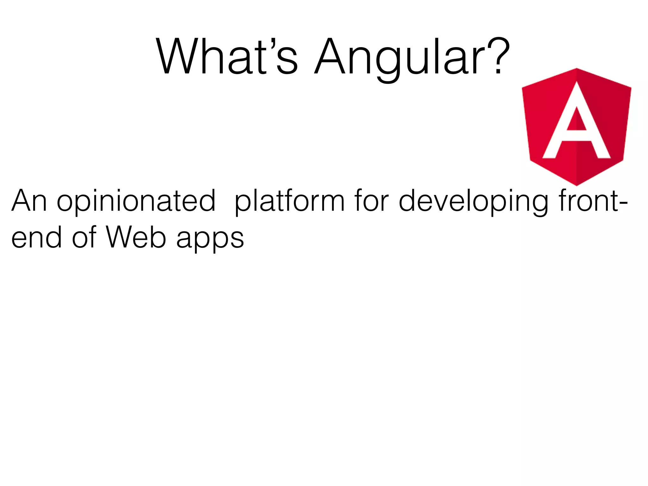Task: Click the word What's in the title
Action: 227,57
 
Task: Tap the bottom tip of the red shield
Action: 576,184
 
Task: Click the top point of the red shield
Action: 576,69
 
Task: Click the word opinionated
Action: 136,201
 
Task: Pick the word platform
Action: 289,201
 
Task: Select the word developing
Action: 473,201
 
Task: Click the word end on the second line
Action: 36,238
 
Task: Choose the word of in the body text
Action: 84,238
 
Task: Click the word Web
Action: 136,238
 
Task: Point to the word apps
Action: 210,238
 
